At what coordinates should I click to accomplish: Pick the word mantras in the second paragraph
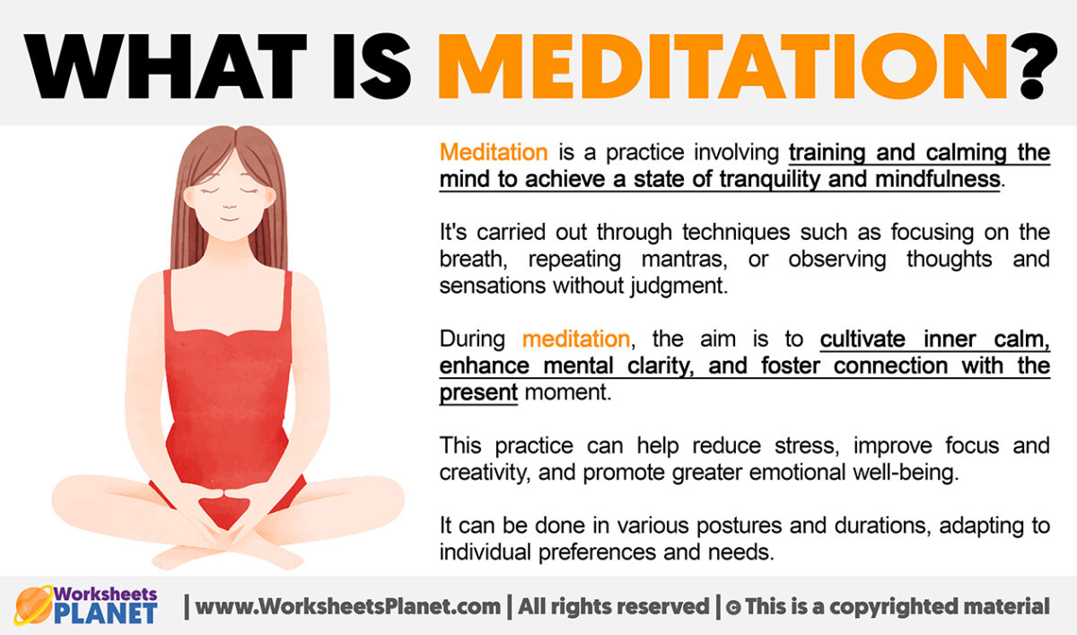pos(674,259)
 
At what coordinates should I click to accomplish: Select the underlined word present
pos(478,392)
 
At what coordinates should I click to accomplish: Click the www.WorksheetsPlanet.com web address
pos(348,606)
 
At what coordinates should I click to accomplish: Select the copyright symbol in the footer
pos(732,607)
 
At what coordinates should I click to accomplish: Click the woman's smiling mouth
pos(231,218)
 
